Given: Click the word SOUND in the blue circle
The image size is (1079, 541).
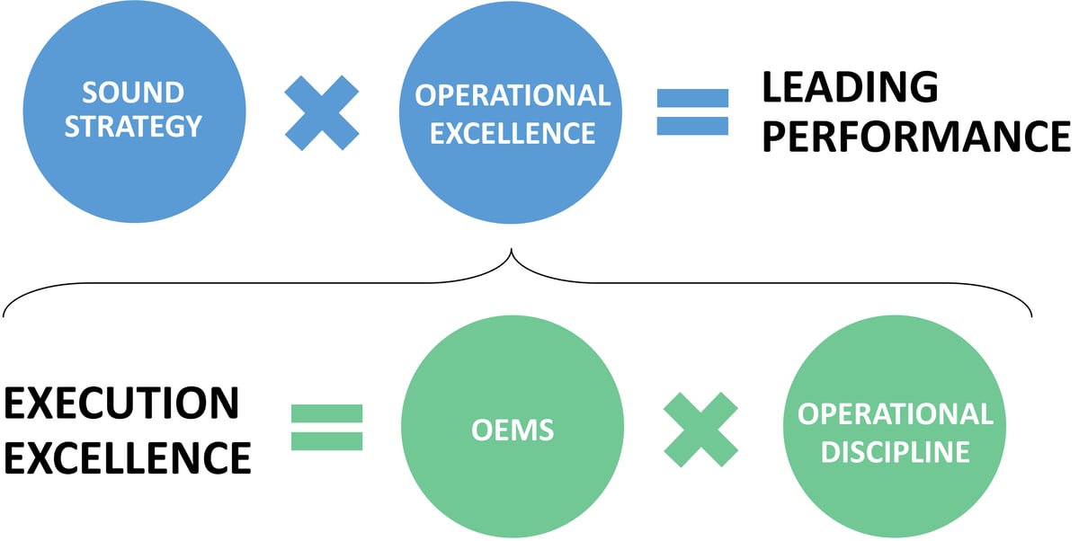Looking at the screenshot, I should (133, 93).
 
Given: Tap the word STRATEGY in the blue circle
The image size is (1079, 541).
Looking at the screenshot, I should (133, 126).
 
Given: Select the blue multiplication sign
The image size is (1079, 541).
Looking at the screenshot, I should (322, 112).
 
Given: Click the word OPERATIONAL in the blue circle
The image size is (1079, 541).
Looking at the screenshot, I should (513, 95).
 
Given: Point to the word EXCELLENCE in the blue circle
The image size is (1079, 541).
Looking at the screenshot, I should (513, 133).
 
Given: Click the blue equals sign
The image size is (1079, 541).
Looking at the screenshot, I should (692, 112).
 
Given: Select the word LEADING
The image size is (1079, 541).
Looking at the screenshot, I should (850, 88).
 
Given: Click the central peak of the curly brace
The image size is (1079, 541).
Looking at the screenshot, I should (512, 252).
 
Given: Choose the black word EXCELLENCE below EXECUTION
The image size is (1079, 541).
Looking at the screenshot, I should (128, 457).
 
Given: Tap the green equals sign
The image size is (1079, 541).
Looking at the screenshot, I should (327, 427).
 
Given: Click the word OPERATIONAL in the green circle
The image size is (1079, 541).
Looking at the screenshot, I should (895, 414).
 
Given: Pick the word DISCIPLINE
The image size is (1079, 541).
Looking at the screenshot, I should (895, 450).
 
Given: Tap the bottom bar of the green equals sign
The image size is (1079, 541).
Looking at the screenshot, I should (327, 441).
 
